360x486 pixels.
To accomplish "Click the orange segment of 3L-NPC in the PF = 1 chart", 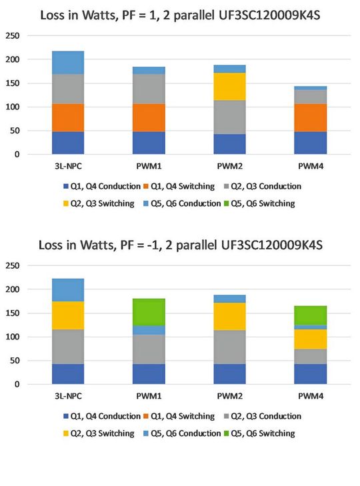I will coord(68,117).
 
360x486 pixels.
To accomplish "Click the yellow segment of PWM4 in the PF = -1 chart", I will coord(311,339).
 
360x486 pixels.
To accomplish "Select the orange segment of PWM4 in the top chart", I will coord(311,117).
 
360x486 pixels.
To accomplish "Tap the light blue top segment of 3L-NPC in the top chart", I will coord(68,62).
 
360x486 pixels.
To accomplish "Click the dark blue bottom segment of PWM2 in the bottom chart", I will coord(229,373).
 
